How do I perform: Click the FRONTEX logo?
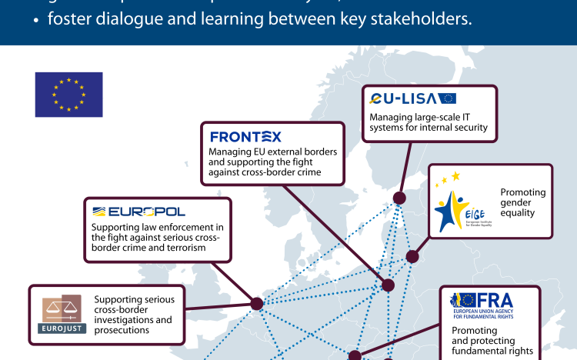click(x=245, y=137)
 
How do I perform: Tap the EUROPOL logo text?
click(x=138, y=212)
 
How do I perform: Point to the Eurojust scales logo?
click(x=60, y=316)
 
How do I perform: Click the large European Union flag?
click(x=68, y=95)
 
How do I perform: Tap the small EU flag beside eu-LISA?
click(x=448, y=98)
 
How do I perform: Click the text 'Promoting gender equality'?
click(x=523, y=204)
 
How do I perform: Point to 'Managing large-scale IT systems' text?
click(x=429, y=122)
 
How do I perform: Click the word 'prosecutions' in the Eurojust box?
click(x=122, y=329)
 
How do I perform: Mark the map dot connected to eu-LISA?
click(x=399, y=198)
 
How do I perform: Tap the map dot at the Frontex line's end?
click(x=388, y=285)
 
